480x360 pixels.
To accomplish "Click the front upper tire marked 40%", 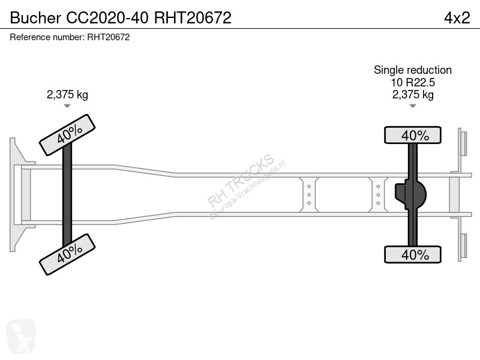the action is coord(67,135).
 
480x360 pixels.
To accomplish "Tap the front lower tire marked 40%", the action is coord(67,254).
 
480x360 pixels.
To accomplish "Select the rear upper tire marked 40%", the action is coord(413,134).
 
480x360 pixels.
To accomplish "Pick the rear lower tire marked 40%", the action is coord(413,254).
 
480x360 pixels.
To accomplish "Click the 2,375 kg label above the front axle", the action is coord(67,94).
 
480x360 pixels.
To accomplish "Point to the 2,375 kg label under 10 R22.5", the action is coord(413,94).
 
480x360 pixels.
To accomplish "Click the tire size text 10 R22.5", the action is coord(413,82).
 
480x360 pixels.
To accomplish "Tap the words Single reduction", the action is coord(413,70).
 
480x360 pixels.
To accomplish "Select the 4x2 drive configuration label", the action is coord(457,18).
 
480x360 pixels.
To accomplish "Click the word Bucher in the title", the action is coord(35,18).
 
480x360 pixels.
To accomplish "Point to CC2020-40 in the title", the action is coord(107,18).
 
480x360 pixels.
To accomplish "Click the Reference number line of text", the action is coord(70,37).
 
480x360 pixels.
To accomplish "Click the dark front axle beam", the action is coord(67,194).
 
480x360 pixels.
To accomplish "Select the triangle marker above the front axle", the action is coord(67,106).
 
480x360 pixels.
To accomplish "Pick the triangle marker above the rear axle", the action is coord(413,106).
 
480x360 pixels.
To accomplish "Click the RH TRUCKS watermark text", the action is coord(241,181).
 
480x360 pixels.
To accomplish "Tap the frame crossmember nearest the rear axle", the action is coord(379,194).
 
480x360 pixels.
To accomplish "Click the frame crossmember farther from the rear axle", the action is coord(309,194).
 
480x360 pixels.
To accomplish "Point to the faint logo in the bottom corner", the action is coord(21,336).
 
